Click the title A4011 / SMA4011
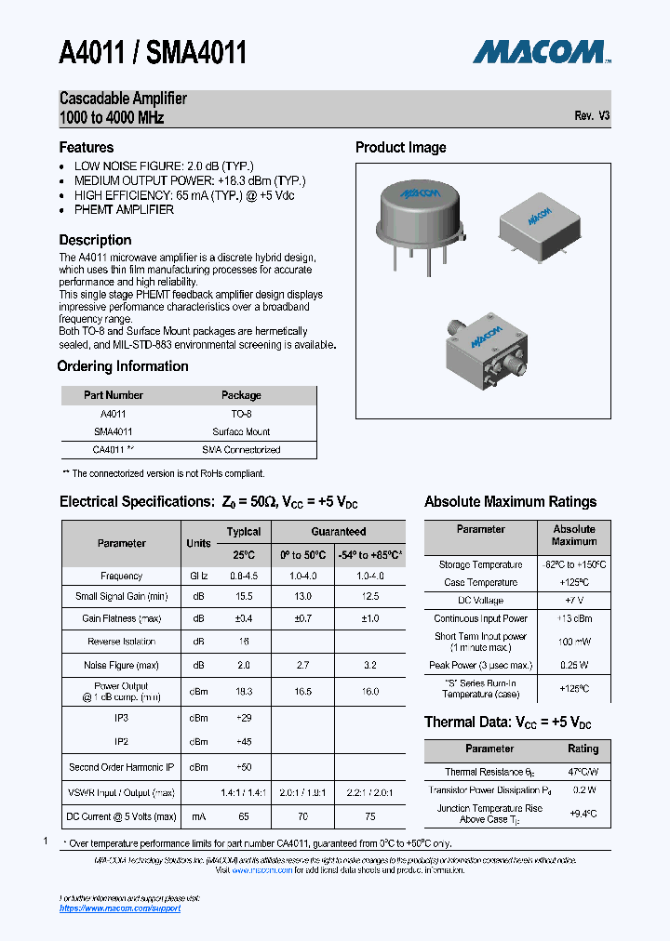tap(153, 52)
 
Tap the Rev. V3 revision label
tap(592, 116)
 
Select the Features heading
tap(87, 147)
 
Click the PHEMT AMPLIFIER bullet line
tap(124, 209)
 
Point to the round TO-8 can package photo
tap(419, 213)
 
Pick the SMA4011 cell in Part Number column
tap(113, 431)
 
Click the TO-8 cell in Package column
tap(241, 414)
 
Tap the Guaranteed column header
tap(338, 532)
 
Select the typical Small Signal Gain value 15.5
tap(244, 596)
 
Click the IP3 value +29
tap(244, 718)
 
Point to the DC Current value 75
tap(371, 816)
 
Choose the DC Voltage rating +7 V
tap(574, 601)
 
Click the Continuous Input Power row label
tap(480, 618)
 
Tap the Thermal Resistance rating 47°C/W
tap(583, 772)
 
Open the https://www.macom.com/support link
tap(120, 908)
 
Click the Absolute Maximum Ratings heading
tap(510, 501)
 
